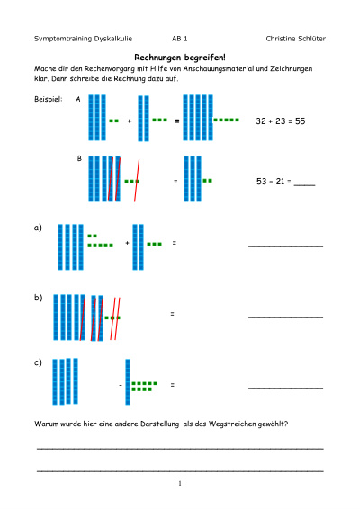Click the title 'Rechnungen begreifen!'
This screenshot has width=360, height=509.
tap(180, 58)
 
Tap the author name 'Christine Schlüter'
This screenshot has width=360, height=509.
tap(296, 39)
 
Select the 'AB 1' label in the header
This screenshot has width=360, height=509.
tap(180, 39)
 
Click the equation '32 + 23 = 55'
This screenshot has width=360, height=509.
tap(281, 121)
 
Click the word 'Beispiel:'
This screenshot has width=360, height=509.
tap(48, 99)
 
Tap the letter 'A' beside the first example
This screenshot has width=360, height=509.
tap(78, 99)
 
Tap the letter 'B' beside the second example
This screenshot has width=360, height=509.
tap(79, 158)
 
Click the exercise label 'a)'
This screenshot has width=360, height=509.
tap(38, 228)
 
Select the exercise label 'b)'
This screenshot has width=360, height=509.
tap(39, 298)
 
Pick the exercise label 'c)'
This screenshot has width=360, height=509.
tap(38, 362)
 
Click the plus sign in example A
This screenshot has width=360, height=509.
tap(130, 121)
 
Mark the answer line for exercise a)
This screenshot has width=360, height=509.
tap(286, 246)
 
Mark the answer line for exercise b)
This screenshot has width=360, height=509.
tap(286, 317)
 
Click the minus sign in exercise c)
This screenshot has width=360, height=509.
tap(121, 385)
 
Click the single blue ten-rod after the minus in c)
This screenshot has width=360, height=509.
tap(128, 382)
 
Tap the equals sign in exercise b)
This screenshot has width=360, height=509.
tap(172, 314)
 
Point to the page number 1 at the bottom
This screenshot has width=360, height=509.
tap(180, 483)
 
